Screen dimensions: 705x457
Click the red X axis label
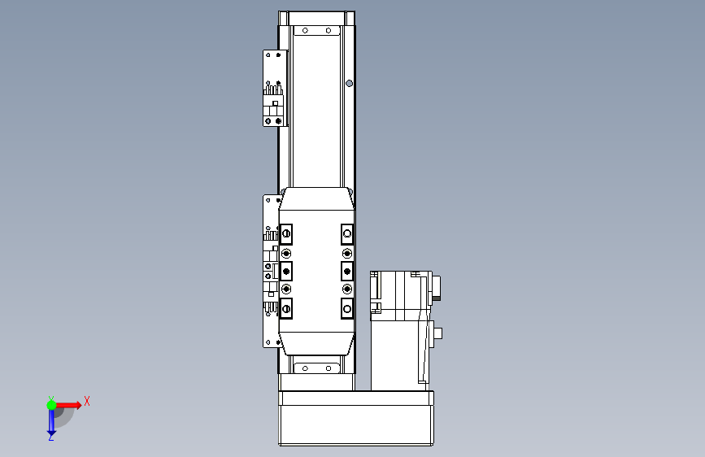pos(87,401)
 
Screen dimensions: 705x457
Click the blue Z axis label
pos(50,437)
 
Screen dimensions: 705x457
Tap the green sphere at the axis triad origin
pos(52,405)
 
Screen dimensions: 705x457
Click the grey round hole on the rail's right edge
pos(350,83)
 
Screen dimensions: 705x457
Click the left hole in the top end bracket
pos(305,31)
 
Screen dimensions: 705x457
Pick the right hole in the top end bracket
pos(329,31)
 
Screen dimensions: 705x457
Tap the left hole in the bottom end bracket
pos(305,368)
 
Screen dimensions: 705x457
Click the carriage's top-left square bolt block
pos(286,234)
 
